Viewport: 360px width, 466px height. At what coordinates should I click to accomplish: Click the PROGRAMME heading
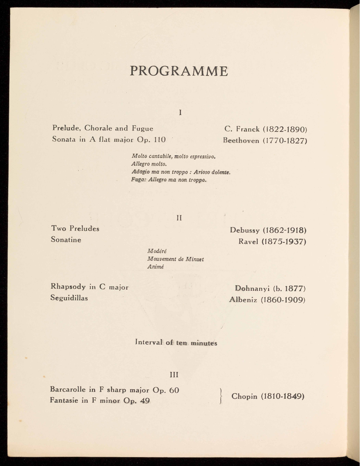(179, 71)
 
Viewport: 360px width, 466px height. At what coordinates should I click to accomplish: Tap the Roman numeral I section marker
(180, 113)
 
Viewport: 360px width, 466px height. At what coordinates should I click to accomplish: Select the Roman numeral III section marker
(174, 375)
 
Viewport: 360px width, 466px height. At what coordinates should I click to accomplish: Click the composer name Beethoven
(241, 140)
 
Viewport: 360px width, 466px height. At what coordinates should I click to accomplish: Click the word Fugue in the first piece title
(142, 128)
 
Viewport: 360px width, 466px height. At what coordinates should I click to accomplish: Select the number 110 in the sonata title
(160, 140)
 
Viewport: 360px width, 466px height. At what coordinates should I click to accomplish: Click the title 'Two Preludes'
(75, 228)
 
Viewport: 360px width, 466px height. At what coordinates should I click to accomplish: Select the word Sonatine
(66, 240)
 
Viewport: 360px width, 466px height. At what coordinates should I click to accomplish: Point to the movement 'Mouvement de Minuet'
(175, 259)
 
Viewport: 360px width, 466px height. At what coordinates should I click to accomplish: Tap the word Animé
(155, 267)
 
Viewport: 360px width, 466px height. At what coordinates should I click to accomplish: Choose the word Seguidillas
(69, 298)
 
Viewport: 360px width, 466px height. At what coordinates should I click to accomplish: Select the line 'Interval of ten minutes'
(176, 343)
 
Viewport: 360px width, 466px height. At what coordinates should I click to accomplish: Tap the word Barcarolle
(68, 389)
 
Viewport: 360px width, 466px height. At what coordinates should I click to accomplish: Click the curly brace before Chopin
(221, 396)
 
